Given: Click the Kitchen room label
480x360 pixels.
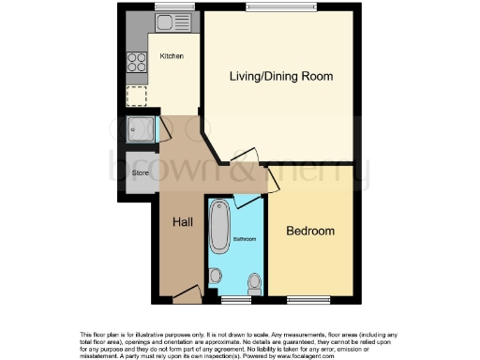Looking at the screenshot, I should click(x=171, y=57).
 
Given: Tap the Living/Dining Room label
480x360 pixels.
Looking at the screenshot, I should click(x=282, y=76).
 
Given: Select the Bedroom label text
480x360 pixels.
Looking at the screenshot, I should click(x=310, y=231).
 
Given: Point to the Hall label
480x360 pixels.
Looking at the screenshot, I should click(x=182, y=222).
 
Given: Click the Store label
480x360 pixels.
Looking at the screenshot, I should click(x=141, y=173).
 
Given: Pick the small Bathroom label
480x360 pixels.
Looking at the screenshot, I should click(x=246, y=240).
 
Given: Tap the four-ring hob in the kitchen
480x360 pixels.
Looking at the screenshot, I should click(x=137, y=63).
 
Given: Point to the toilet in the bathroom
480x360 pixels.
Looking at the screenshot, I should click(x=253, y=281).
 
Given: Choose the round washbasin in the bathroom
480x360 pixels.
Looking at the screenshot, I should click(x=217, y=277).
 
